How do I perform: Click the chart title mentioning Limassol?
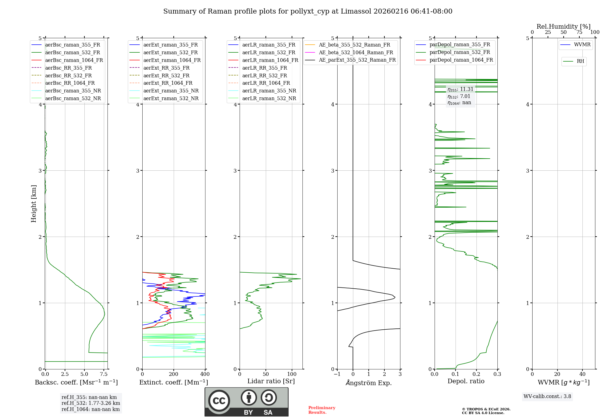click(x=308, y=11)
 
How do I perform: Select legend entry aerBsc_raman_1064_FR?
click(x=74, y=60)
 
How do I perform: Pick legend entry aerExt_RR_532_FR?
click(x=166, y=75)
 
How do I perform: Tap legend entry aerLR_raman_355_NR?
click(x=269, y=91)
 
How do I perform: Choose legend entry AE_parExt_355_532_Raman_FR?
click(x=357, y=60)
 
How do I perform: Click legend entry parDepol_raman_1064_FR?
click(x=461, y=60)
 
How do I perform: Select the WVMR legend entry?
click(x=582, y=45)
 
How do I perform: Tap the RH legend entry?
click(x=580, y=61)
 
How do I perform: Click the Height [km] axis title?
click(x=34, y=204)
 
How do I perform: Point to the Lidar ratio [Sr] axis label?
click(x=271, y=381)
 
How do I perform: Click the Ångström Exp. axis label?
click(x=369, y=383)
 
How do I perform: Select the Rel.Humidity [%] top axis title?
click(x=563, y=26)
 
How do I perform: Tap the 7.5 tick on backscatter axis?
click(x=104, y=374)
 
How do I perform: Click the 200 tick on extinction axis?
click(x=174, y=374)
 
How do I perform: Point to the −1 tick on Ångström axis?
click(x=337, y=374)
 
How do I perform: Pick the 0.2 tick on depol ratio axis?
click(x=476, y=374)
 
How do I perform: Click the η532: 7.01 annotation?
click(x=459, y=96)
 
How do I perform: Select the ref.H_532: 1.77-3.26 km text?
click(x=91, y=403)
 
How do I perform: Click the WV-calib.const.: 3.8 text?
click(x=547, y=397)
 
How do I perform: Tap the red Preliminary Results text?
click(x=322, y=410)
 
